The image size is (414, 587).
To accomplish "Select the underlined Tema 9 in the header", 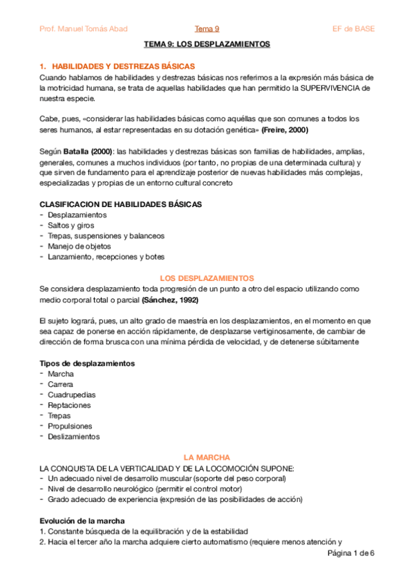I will point(207,28).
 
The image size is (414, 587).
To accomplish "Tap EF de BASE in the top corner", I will point(353,28).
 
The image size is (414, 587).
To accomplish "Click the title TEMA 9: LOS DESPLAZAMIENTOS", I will point(207,44).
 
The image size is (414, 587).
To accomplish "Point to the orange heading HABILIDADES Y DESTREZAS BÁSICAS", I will point(118,66).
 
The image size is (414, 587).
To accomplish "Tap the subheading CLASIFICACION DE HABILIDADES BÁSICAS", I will point(120,204).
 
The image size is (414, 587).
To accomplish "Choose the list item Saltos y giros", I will point(71,225).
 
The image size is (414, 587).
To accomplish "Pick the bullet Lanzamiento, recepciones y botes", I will point(106,257).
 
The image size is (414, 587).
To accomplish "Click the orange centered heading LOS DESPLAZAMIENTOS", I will point(207,278).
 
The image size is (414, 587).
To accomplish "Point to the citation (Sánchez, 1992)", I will point(171,300).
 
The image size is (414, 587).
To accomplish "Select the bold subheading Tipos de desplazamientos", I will point(87,363).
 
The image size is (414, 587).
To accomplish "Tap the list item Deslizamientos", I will point(74,437).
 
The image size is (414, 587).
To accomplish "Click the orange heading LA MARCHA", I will point(207,458).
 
